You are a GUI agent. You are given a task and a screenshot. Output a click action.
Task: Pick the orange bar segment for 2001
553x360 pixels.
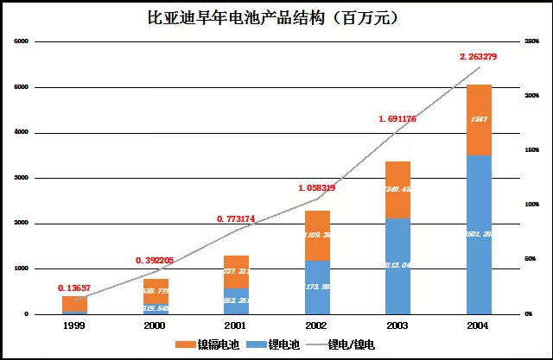(x=236, y=271)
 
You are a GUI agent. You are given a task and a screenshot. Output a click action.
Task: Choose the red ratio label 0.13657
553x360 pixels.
(x=76, y=287)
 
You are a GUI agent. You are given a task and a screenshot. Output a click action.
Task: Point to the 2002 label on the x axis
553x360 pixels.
(x=318, y=325)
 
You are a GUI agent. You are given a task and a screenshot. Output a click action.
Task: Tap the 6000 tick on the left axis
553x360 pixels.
(x=22, y=41)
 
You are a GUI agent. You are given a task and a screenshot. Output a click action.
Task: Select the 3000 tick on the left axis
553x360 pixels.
(x=22, y=178)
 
